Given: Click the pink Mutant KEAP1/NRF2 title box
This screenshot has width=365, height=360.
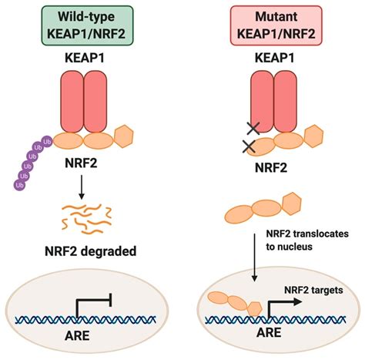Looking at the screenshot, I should (x=278, y=19).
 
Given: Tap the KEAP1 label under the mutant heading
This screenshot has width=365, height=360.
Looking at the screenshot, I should (x=278, y=58).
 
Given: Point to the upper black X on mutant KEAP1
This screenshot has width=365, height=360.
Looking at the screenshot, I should (x=252, y=130).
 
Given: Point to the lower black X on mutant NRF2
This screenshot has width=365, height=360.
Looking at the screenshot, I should (x=248, y=146).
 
